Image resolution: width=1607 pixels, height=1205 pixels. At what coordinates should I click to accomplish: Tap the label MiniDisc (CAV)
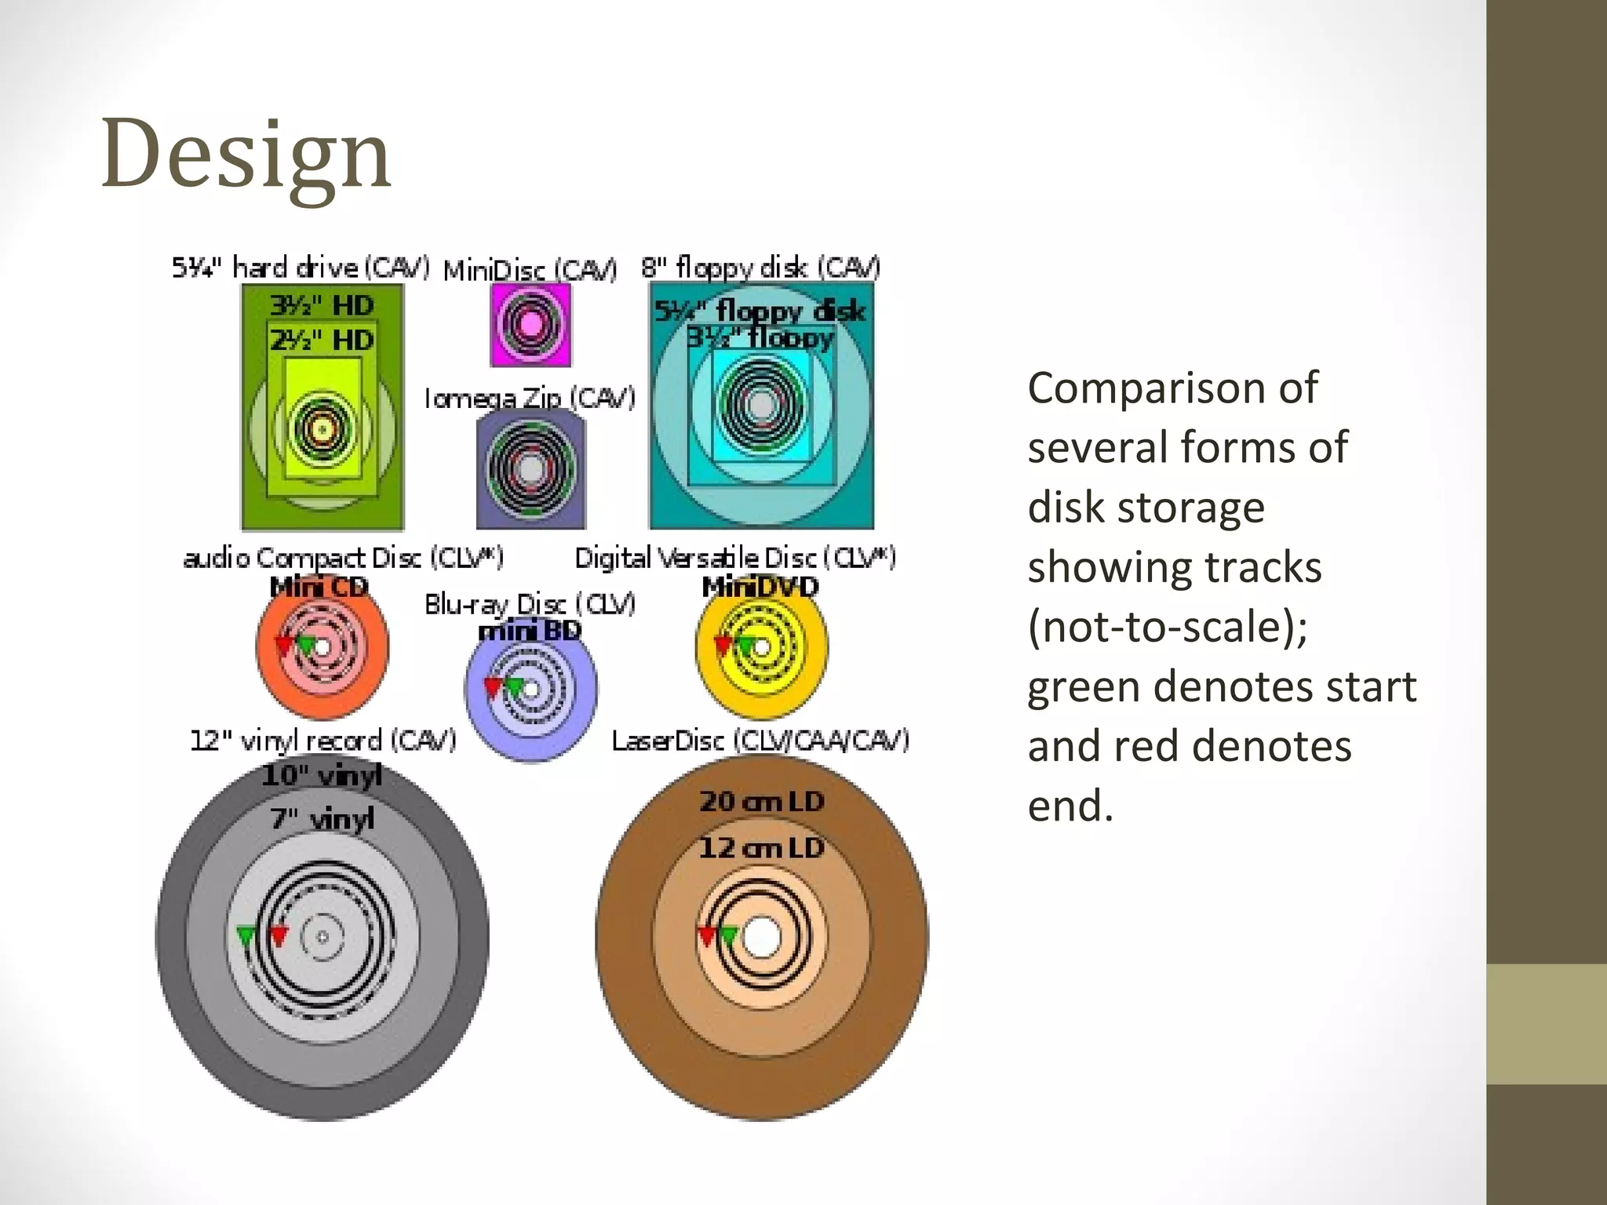coord(530,270)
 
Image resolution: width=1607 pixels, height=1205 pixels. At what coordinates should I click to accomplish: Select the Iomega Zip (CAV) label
coord(530,399)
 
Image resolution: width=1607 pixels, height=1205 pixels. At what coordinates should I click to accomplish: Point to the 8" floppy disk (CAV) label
coord(760,268)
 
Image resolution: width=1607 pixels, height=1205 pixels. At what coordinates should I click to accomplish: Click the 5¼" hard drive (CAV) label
coord(301,268)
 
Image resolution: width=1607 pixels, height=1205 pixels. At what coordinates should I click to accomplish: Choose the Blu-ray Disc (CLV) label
coord(530,604)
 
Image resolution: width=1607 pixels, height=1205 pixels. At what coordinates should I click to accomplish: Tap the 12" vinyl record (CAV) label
coord(322,740)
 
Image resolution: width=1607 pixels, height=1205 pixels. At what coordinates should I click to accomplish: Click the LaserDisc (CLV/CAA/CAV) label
coord(760,740)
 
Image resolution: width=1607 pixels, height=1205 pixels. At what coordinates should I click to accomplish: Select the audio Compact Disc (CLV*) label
coord(343,558)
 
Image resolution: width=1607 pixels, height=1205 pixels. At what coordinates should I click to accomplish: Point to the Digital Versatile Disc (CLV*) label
coord(735,558)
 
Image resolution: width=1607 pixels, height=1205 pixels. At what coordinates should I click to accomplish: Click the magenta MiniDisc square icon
coord(530,325)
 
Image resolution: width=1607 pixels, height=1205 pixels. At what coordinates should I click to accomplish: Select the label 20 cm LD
coord(761,802)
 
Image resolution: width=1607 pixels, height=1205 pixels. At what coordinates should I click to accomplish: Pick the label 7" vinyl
coord(322,819)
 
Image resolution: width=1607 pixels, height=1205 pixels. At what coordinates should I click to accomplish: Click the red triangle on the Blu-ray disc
coord(492,688)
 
